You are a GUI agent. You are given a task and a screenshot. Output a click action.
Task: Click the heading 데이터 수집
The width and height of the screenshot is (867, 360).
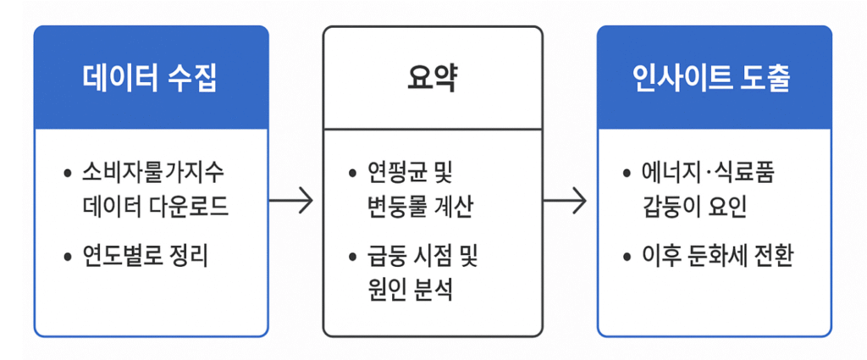point(150,78)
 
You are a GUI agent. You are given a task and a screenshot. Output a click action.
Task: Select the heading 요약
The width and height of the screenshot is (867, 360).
point(432,78)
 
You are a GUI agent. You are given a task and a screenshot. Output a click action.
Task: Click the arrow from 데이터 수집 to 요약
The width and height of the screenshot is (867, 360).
point(291,202)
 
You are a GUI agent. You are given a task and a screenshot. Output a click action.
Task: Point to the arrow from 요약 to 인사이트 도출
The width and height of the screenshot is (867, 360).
point(565,202)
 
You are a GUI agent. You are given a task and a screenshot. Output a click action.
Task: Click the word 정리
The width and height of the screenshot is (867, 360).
point(188,254)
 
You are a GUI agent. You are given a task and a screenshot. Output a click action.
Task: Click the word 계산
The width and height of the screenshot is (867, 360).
point(453,205)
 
